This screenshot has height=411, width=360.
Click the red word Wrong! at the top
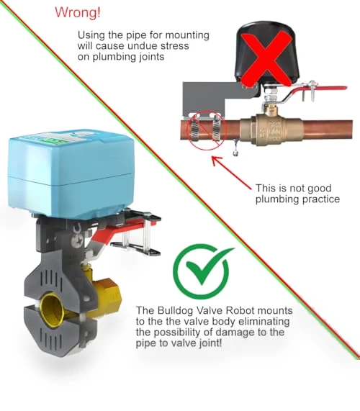point(78,12)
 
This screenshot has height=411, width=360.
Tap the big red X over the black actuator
point(266,59)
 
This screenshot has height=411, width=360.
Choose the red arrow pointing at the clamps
point(231,172)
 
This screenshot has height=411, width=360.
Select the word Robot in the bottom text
point(240,311)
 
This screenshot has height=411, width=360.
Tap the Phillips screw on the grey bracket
point(78,241)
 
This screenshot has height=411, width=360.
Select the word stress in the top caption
point(175,46)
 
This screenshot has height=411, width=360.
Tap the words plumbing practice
point(297,199)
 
